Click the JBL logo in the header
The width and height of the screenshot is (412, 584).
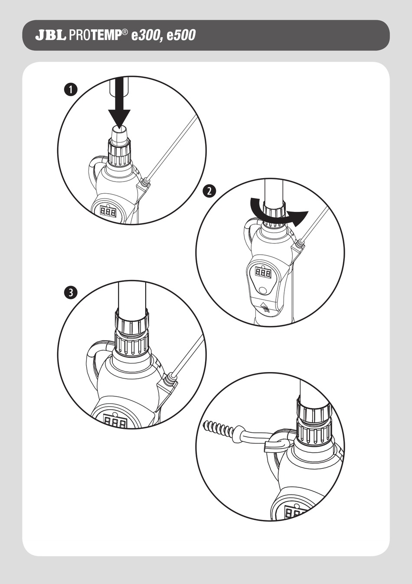pyautogui.click(x=50, y=36)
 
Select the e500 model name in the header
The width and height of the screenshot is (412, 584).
pyautogui.click(x=181, y=36)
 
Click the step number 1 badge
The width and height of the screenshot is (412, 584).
pyautogui.click(x=71, y=90)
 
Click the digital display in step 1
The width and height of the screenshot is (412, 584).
pyautogui.click(x=108, y=212)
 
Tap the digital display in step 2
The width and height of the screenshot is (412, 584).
pyautogui.click(x=263, y=273)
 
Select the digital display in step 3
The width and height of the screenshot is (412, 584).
pyautogui.click(x=116, y=422)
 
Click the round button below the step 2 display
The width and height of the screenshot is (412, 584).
pyautogui.click(x=263, y=290)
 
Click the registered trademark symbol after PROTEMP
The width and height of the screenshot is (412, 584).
pyautogui.click(x=125, y=32)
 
